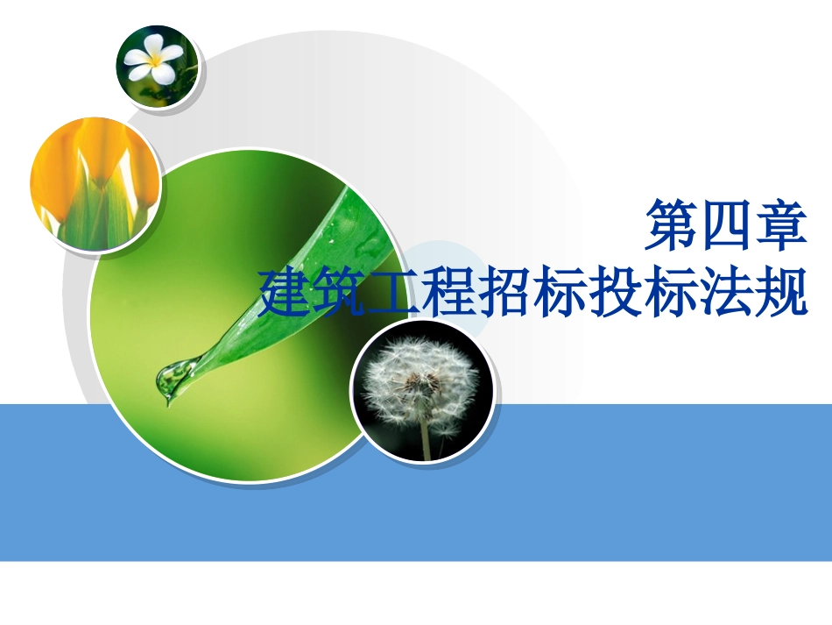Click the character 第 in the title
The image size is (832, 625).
coord(671,227)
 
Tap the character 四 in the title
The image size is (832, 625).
coord(725,227)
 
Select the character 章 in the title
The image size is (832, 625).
coord(779,227)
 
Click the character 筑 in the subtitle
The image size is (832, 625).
coord(342,293)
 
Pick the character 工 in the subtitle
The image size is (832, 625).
coord(397,293)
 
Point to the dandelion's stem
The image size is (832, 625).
coord(426,438)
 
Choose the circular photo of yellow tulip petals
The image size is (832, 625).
coord(95,186)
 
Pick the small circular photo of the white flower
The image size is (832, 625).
coord(158,65)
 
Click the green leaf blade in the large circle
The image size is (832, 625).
coord(298,281)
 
